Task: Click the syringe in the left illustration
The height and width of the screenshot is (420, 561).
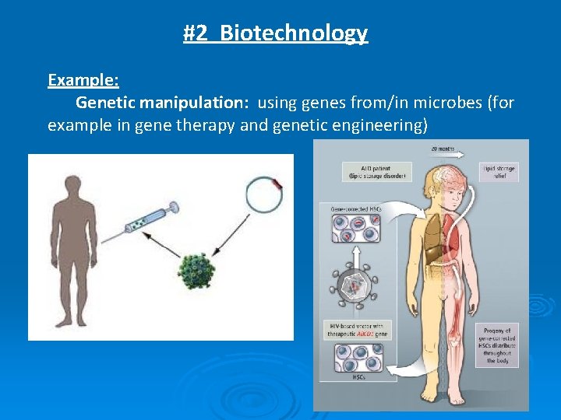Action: click(x=148, y=219)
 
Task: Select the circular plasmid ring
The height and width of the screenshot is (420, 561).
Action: click(x=263, y=194)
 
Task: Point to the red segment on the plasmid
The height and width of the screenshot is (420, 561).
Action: click(x=278, y=184)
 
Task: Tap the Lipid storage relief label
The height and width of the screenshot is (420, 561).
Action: click(x=499, y=172)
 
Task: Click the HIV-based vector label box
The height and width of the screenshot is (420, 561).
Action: click(x=357, y=330)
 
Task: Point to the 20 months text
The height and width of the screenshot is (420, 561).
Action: click(x=441, y=149)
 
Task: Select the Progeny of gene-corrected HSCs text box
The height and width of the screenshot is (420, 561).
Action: click(x=497, y=345)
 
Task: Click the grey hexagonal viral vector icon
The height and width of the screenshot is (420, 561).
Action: click(x=355, y=285)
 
